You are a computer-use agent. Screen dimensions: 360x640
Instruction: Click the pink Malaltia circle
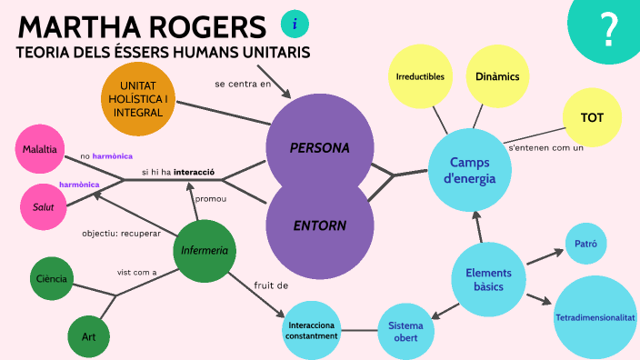40,149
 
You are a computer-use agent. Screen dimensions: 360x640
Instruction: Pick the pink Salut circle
44,206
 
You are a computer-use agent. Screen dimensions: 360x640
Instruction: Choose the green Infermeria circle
204,251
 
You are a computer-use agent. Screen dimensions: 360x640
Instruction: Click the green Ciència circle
51,279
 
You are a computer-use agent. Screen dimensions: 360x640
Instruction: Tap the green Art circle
89,336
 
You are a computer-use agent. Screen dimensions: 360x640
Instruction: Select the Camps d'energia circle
469,170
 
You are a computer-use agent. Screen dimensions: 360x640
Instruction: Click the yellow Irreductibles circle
420,76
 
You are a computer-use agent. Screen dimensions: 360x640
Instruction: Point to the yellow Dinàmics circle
497,76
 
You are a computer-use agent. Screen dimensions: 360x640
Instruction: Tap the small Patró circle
586,244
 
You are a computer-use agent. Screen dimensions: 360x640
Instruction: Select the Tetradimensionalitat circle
595,317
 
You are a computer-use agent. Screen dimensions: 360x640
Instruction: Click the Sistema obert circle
405,331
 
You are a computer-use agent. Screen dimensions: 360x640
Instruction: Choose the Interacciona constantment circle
312,330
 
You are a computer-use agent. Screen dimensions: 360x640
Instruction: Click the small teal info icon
295,24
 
